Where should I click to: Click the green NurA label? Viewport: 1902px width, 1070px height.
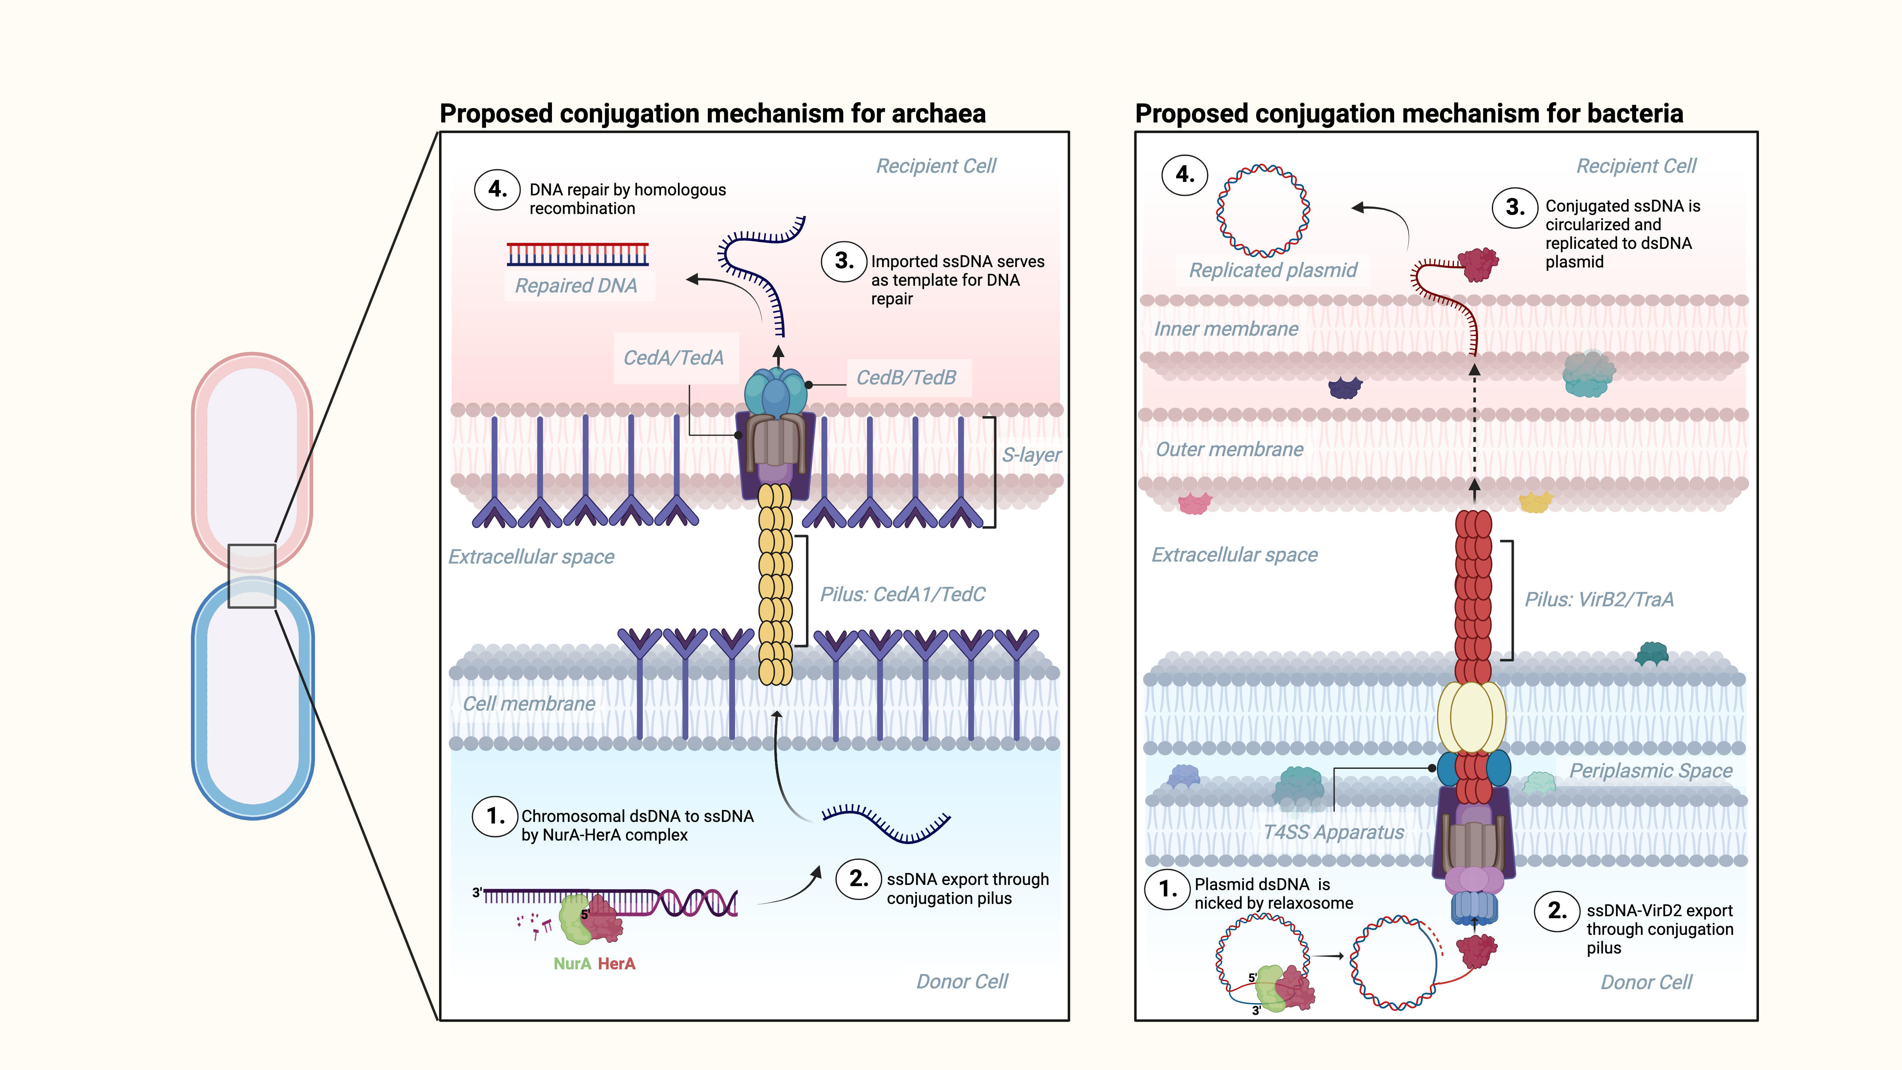point(572,964)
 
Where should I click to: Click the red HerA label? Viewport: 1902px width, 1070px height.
point(617,964)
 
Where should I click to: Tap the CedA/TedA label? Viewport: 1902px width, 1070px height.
point(673,358)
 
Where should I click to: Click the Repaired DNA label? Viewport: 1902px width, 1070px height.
point(576,286)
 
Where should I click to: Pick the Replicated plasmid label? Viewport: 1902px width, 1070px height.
point(1273,270)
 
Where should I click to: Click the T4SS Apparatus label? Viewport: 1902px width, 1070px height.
point(1333,832)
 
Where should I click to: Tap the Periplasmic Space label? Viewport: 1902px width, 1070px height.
point(1651,771)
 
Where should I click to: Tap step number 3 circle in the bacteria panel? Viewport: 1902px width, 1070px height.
point(1515,208)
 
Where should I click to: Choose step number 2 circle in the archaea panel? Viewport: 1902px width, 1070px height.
point(858,879)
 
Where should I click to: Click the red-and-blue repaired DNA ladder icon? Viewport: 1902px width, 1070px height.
point(577,254)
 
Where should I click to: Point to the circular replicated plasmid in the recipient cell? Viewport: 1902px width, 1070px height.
point(1263,210)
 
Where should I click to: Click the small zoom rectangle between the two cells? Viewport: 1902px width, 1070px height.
point(252,576)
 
